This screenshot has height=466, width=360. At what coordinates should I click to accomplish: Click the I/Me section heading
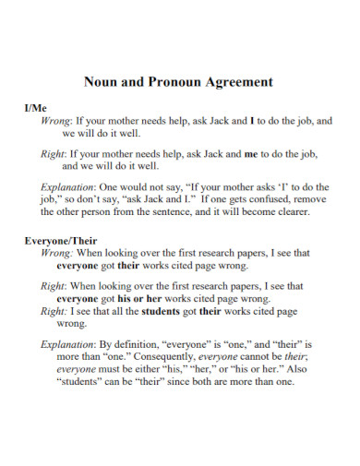[35, 108]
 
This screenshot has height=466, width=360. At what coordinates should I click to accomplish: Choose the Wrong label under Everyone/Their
[56, 252]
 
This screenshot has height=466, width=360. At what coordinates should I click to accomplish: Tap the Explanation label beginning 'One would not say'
[70, 185]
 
